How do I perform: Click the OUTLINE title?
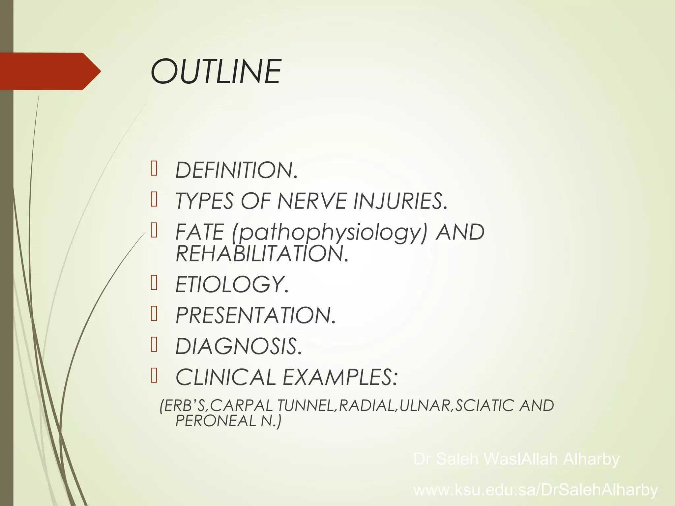pyautogui.click(x=216, y=71)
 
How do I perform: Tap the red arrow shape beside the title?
pyautogui.click(x=49, y=71)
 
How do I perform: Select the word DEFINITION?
pyautogui.click(x=236, y=170)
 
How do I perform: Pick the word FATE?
pyautogui.click(x=200, y=232)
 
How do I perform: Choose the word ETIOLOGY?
pyautogui.click(x=232, y=284)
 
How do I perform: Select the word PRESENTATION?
pyautogui.click(x=255, y=315)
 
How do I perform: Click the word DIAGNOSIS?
pyautogui.click(x=238, y=347)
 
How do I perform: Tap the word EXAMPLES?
pyautogui.click(x=340, y=377)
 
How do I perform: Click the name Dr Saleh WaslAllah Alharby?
pyautogui.click(x=516, y=459)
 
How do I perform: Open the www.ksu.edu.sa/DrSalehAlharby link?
pyautogui.click(x=536, y=490)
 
